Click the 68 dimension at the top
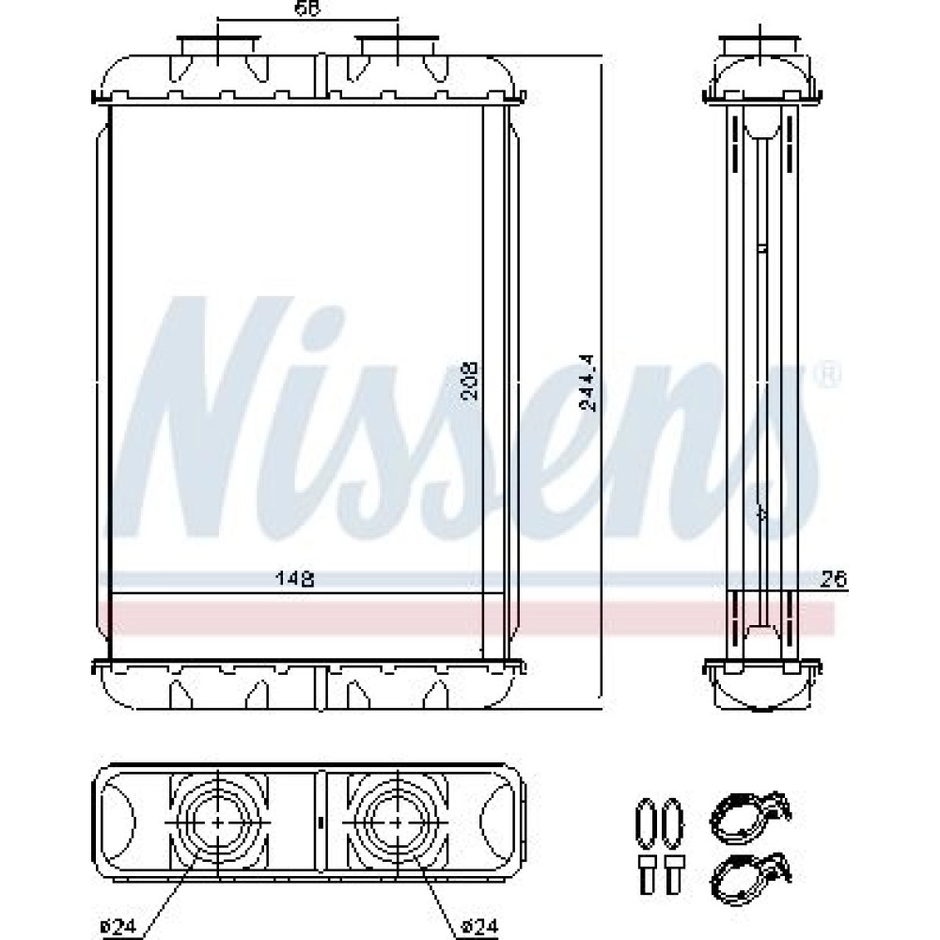308,8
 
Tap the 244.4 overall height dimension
589,383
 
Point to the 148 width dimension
294,579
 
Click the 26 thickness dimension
834,579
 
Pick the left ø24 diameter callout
118,927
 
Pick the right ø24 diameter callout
479,927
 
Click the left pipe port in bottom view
217,822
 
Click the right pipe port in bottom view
398,822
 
